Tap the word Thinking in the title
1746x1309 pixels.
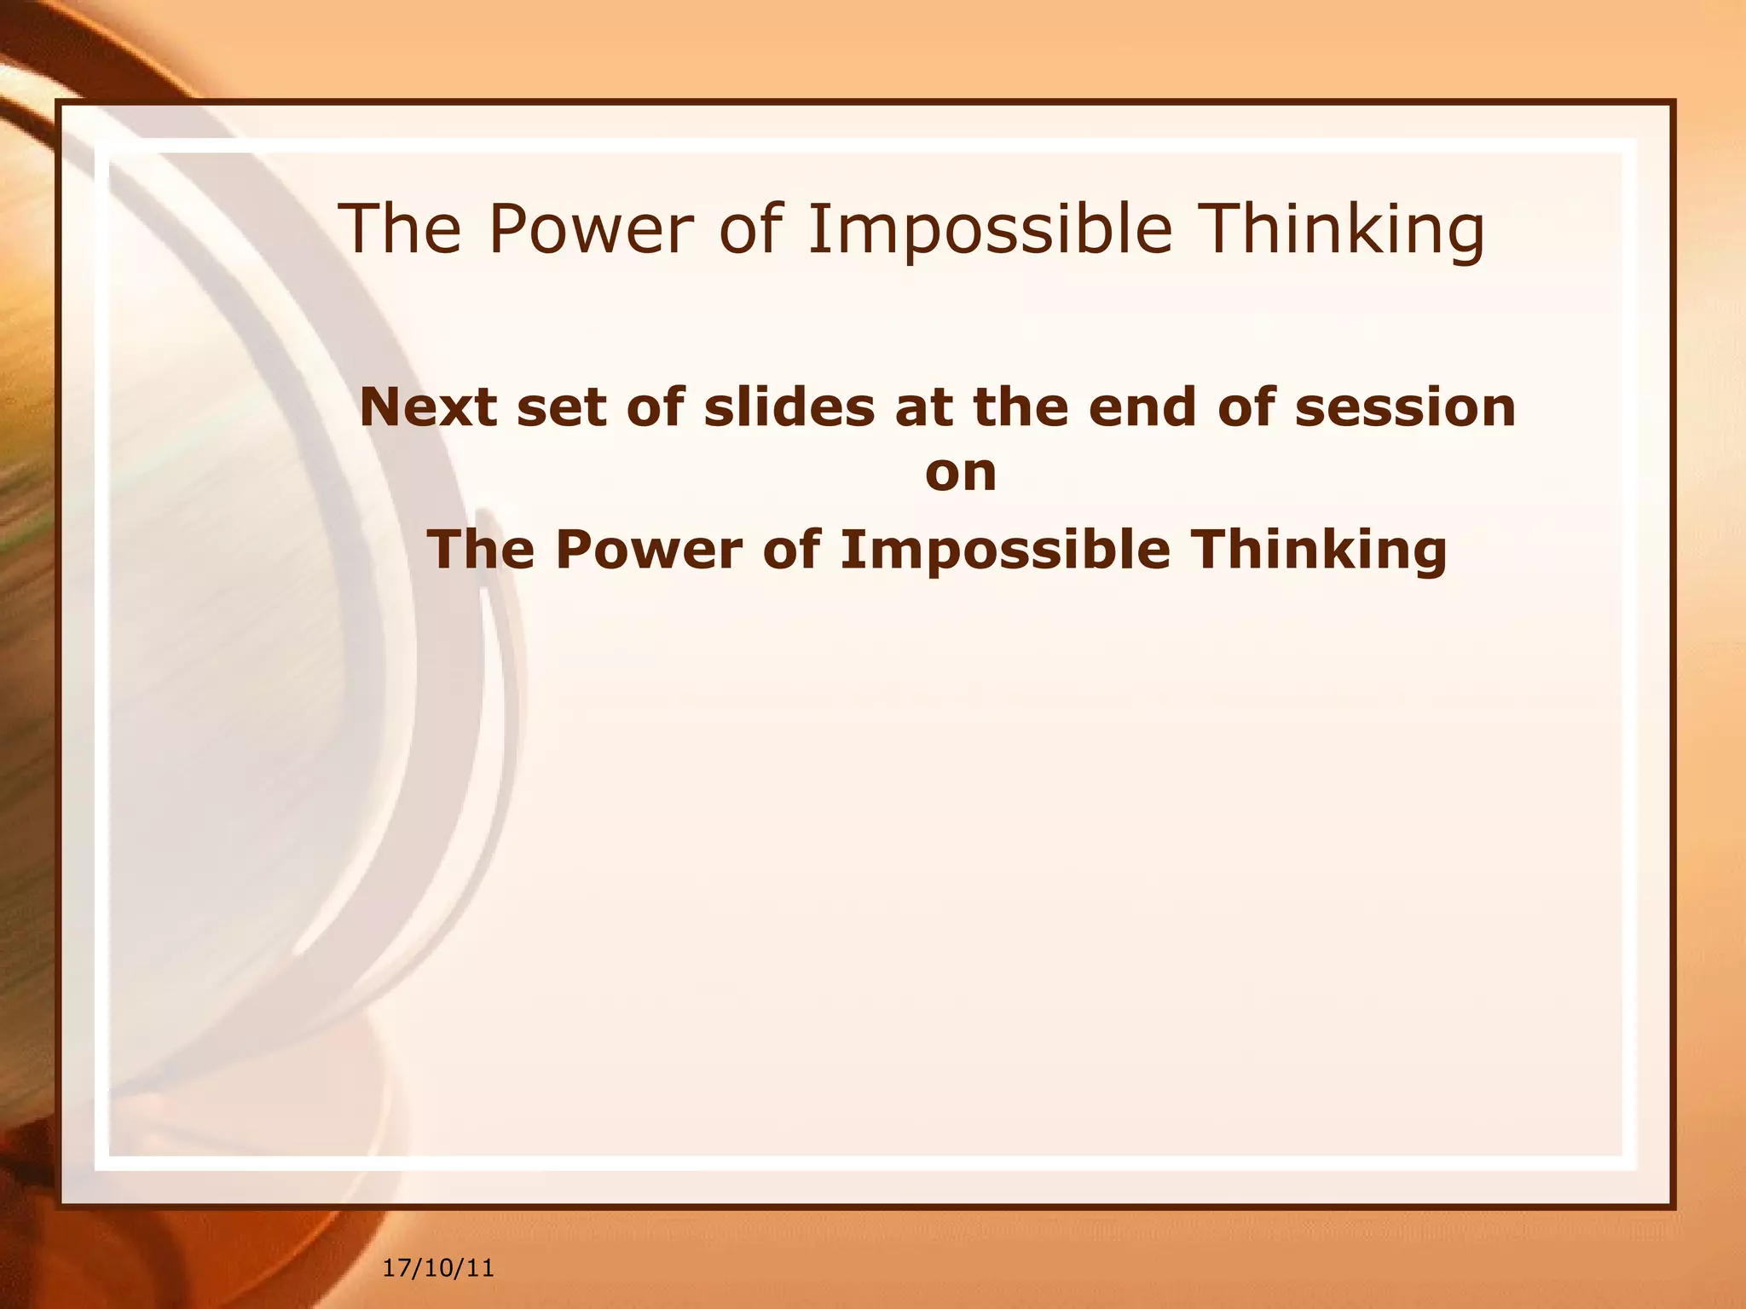click(1344, 230)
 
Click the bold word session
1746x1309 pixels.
click(1405, 407)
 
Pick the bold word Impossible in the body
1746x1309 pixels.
click(1004, 551)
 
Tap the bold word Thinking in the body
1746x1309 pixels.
click(1319, 551)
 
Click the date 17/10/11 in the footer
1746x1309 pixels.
click(438, 1267)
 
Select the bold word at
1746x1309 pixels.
click(923, 407)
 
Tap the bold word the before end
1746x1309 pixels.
click(1020, 407)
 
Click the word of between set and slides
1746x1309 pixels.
click(655, 407)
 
